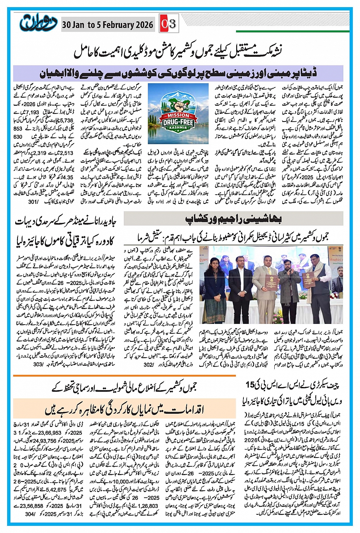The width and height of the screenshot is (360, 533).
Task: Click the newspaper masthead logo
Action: (x=37, y=24)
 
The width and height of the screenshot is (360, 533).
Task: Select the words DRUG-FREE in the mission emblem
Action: (x=178, y=123)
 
